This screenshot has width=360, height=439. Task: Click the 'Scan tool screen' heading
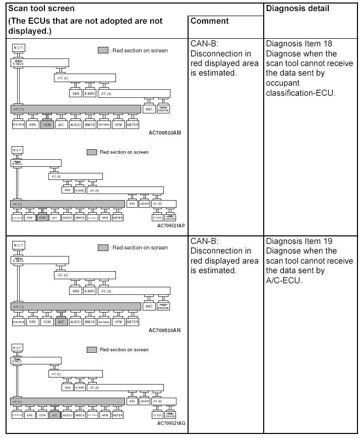tap(41, 9)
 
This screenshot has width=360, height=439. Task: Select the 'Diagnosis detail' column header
tap(297, 9)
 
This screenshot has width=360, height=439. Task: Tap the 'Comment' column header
tap(210, 21)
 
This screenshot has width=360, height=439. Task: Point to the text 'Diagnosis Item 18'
tap(299, 44)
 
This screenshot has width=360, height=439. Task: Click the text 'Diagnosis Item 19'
tap(299, 241)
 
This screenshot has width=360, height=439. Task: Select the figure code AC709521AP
tap(171, 226)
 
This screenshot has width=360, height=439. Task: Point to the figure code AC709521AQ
tap(171, 423)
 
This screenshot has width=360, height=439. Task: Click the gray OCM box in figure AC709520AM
tap(47, 124)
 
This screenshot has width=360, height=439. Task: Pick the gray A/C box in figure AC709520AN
tap(61, 322)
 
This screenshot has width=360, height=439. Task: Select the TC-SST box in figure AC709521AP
tap(157, 218)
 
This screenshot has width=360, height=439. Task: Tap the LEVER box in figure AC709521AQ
tap(144, 401)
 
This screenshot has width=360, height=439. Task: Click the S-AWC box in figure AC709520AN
tap(90, 291)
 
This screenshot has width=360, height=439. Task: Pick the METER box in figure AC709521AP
tap(117, 218)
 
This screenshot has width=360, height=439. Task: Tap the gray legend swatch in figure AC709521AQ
tap(91, 350)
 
